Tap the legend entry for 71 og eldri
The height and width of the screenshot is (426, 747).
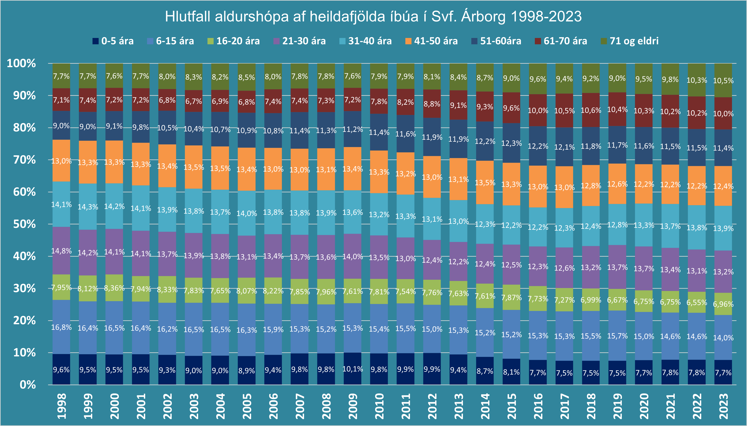pyautogui.click(x=629, y=41)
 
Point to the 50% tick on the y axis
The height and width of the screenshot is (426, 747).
pyautogui.click(x=25, y=224)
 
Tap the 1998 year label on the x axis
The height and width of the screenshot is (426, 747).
pyautogui.click(x=61, y=406)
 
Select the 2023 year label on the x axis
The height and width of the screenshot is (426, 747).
pyautogui.click(x=723, y=406)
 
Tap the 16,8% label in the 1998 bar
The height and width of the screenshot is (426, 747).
pyautogui.click(x=61, y=327)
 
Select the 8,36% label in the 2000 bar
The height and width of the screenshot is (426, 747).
pyautogui.click(x=114, y=288)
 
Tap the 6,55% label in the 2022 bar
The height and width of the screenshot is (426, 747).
pyautogui.click(x=697, y=303)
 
